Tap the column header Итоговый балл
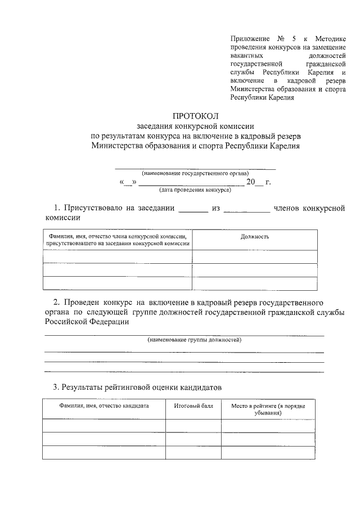click(x=193, y=406)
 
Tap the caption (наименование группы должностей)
click(x=195, y=340)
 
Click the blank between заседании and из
click(x=193, y=209)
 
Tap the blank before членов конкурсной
click(x=246, y=209)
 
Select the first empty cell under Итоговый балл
click(x=193, y=425)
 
